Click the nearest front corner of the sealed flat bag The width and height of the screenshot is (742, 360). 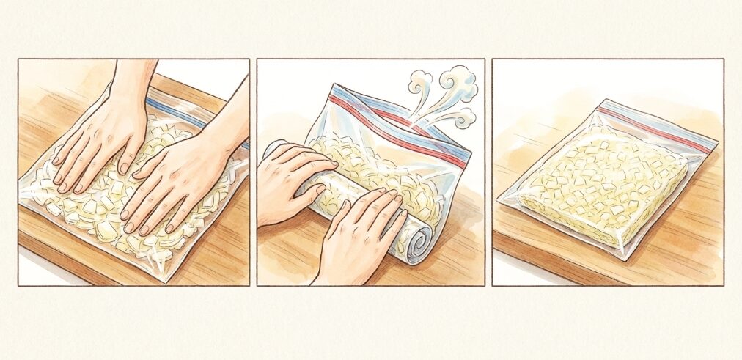point(624,256)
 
